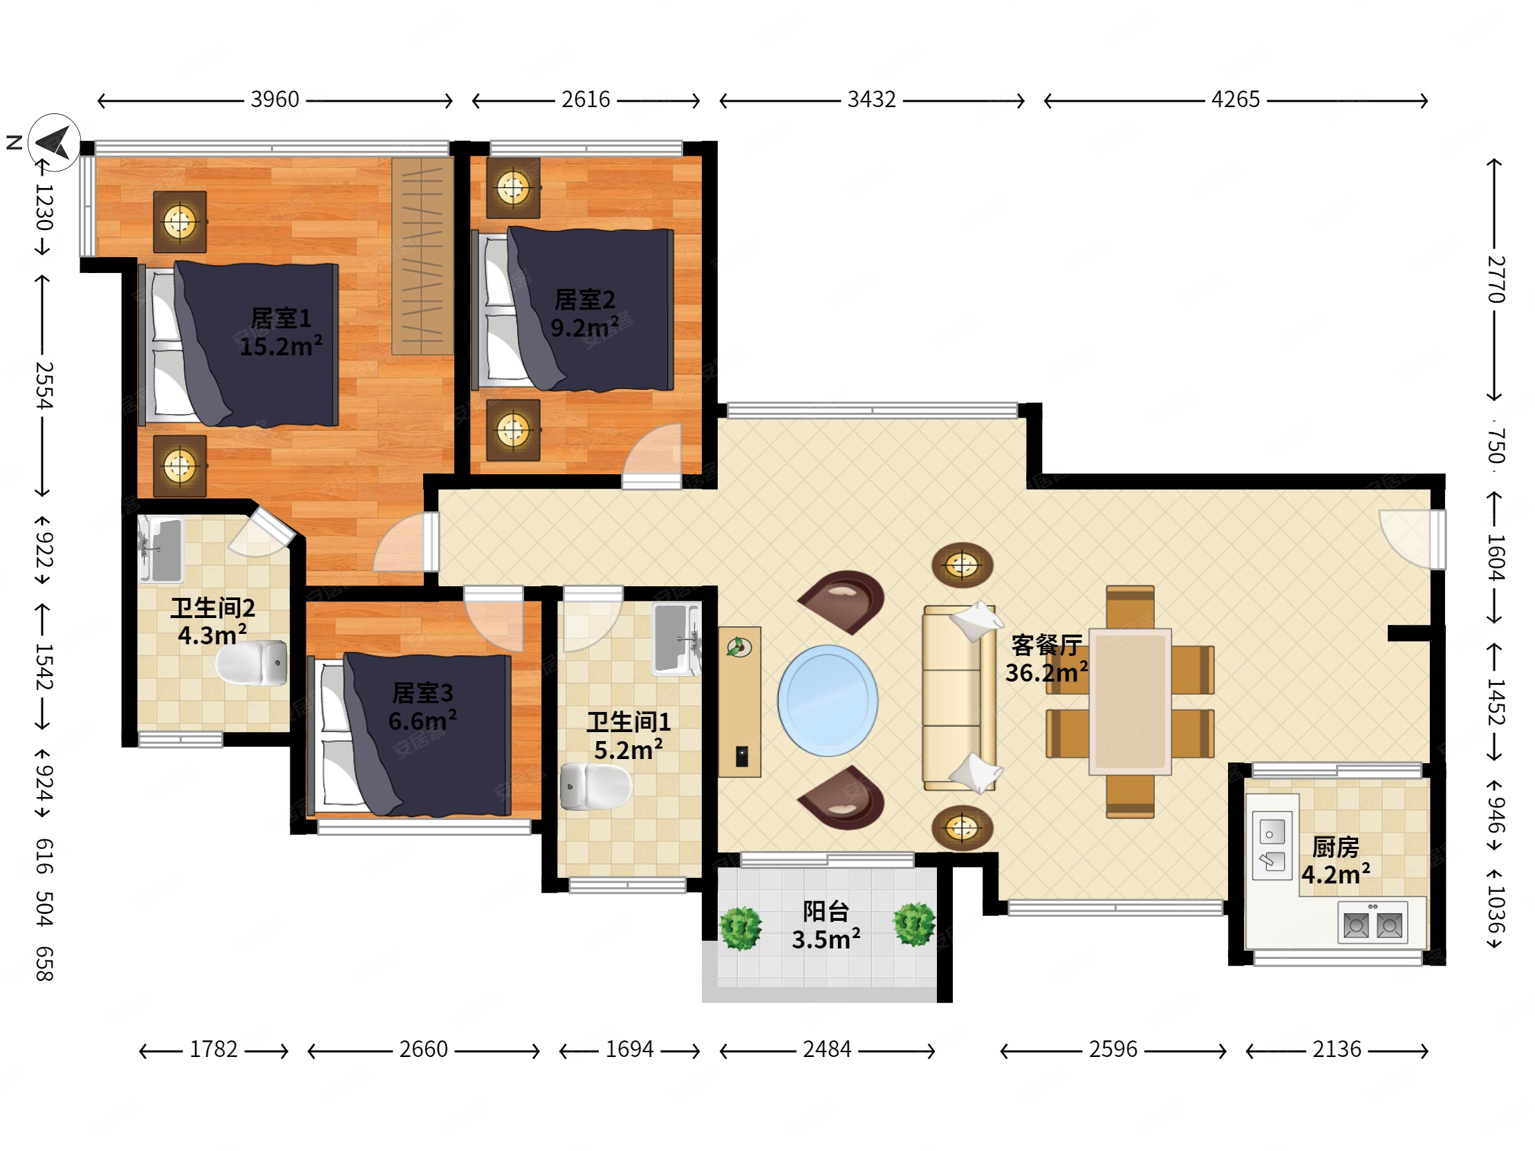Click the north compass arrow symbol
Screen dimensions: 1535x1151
(54, 142)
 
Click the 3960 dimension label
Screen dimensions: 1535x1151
(275, 100)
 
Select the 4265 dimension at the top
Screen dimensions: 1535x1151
(1235, 100)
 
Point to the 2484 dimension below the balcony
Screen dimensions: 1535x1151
(827, 1049)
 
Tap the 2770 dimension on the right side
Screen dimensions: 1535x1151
(1496, 279)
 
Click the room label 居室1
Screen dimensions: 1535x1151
(281, 319)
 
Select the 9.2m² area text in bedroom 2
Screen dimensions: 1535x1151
(584, 328)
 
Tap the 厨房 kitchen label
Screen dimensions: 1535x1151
(1335, 847)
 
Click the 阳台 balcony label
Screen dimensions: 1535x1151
(826, 912)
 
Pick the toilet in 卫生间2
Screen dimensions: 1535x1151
(252, 662)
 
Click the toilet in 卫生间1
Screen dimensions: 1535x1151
(595, 787)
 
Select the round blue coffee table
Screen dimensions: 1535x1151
(827, 701)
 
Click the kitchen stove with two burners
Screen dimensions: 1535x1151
(1373, 922)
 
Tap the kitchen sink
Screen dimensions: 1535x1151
(1272, 845)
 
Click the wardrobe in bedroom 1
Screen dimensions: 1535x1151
(422, 256)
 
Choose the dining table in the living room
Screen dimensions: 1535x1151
(1131, 702)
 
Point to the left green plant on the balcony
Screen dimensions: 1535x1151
(741, 928)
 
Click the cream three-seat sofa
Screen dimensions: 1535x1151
(958, 698)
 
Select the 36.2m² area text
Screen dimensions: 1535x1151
(1046, 673)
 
